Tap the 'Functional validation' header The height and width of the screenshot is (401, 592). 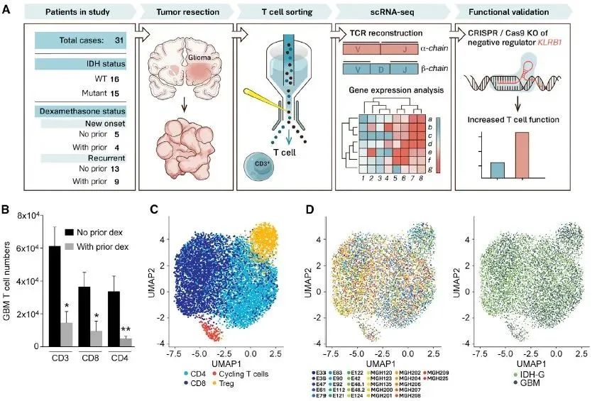515,13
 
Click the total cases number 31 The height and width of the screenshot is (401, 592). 119,40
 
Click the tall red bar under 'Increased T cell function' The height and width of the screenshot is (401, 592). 520,155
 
